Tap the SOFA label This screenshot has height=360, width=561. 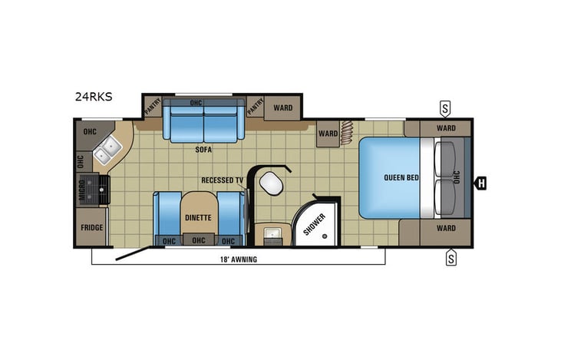pos(203,150)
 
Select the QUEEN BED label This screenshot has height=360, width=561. pos(401,178)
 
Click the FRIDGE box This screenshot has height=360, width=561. pos(91,228)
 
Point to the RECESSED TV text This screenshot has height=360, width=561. pos(223,180)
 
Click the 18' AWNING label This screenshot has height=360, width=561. pos(239,259)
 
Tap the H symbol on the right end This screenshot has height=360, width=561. pos(481,183)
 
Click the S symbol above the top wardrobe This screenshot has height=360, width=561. pos(445,106)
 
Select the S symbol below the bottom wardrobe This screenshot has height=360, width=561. pos(451,259)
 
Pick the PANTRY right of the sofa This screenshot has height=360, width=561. pos(255,104)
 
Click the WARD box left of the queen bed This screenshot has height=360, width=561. pos(328,133)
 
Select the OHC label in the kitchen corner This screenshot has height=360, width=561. pos(90,130)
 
